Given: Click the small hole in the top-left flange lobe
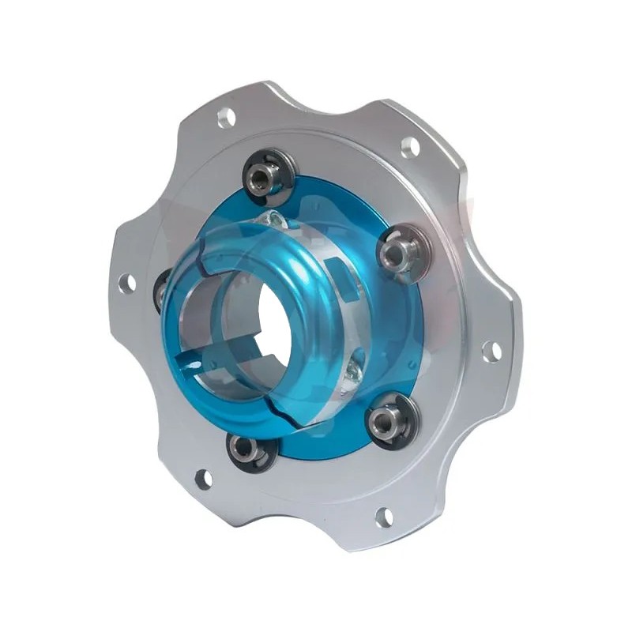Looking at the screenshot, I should [x=225, y=118].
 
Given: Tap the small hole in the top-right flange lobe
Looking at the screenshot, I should [x=410, y=147].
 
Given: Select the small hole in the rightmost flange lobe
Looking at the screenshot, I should [x=490, y=351].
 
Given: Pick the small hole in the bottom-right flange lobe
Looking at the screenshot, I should [x=384, y=517].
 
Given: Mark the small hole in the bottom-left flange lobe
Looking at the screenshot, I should [x=203, y=479].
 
